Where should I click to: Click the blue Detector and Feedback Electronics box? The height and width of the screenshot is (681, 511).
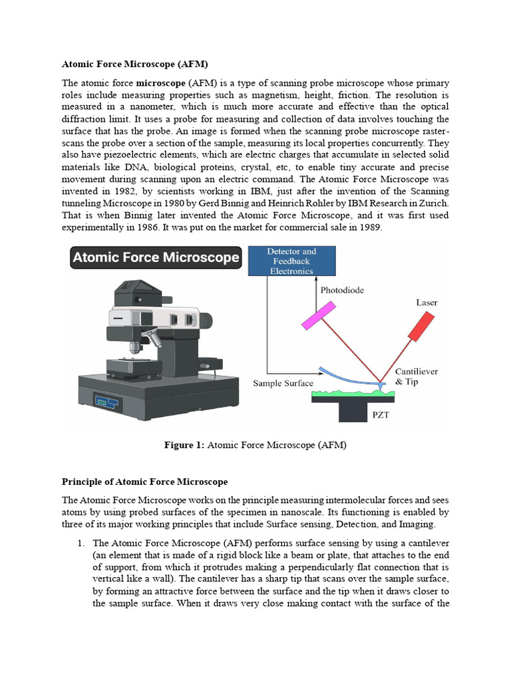[291, 261]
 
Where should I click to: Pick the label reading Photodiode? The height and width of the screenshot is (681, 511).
[343, 291]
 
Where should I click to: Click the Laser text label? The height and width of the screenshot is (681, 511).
[426, 303]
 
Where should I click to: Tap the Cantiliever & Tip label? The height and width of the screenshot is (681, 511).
[417, 376]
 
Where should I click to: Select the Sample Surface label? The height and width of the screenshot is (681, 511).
[283, 384]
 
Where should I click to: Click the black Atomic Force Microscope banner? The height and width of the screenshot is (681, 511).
[156, 257]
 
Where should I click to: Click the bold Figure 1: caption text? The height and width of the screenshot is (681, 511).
[184, 446]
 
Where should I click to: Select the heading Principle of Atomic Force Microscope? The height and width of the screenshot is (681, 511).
[144, 481]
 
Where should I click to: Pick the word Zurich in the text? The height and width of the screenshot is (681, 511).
[434, 203]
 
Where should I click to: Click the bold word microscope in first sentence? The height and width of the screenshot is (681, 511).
[161, 83]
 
